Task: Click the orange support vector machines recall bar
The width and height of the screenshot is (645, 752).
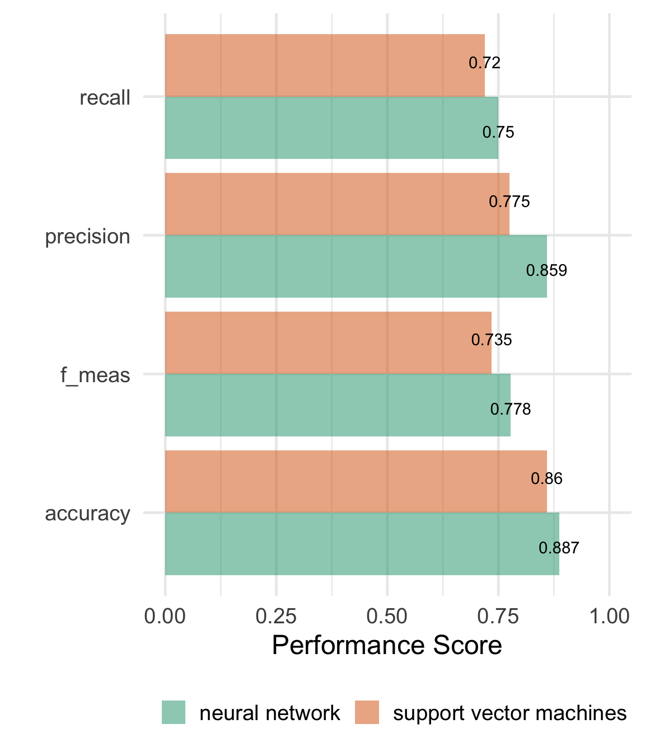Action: [325, 65]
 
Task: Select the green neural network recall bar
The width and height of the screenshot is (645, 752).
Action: [331, 128]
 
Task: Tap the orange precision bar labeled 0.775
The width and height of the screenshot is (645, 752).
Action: [337, 204]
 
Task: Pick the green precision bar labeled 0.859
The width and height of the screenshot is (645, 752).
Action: [356, 266]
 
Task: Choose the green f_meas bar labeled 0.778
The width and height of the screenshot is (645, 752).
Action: [338, 405]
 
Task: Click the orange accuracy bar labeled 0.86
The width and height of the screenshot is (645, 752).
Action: [356, 481]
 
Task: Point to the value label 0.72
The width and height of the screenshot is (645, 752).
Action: [484, 63]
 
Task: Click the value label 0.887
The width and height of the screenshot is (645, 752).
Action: [559, 548]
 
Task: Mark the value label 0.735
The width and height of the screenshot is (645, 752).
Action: [492, 340]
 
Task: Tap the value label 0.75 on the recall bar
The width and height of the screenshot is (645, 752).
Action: [498, 133]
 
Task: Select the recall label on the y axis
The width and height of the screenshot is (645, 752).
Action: [105, 98]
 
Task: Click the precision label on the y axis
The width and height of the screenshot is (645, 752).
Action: [87, 237]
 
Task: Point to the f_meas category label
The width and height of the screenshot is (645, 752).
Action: [95, 375]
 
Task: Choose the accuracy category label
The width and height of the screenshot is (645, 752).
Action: [87, 514]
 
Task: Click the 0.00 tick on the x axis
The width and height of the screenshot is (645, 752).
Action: [165, 616]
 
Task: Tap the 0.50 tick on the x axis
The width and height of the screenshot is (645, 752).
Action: [387, 616]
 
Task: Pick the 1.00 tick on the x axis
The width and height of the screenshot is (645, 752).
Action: [609, 616]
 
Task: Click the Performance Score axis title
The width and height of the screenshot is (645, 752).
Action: [387, 645]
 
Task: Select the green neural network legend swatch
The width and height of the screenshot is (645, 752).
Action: [174, 712]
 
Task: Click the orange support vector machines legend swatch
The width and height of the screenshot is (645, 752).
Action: [367, 712]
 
